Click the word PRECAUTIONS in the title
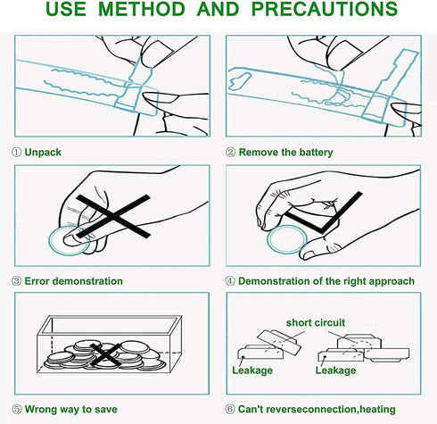[x=325, y=9]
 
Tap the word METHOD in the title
[x=142, y=9]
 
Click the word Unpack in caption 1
[x=43, y=153]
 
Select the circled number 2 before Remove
[x=230, y=153]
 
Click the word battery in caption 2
[x=316, y=153]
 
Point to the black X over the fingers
[x=113, y=216]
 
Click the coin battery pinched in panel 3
[x=70, y=241]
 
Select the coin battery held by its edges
[x=287, y=239]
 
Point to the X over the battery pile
[x=105, y=354]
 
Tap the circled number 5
[x=17, y=409]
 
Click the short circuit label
[x=316, y=322]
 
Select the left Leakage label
[x=252, y=370]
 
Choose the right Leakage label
[x=335, y=370]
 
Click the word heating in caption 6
[x=377, y=410]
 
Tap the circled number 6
[x=230, y=409]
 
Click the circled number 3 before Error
[x=17, y=281]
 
